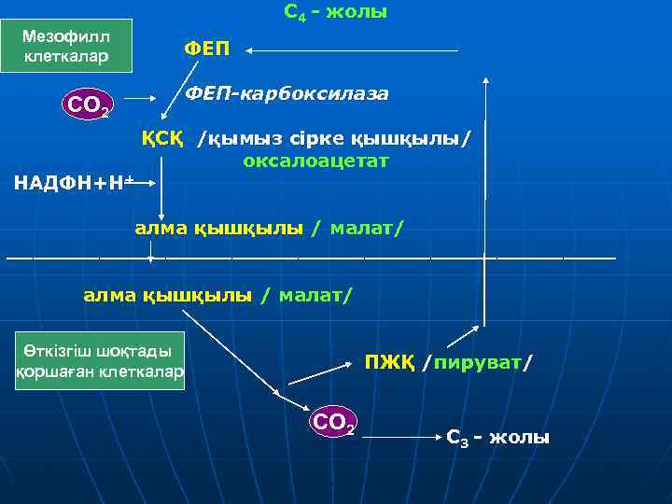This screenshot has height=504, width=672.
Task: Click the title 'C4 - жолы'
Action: point(334,13)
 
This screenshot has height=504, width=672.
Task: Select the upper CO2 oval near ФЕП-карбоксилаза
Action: point(87,105)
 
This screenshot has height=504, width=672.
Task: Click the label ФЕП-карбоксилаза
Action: point(287,94)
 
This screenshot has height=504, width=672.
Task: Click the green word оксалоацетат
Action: point(315,161)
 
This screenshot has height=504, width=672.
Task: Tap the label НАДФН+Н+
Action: point(75,182)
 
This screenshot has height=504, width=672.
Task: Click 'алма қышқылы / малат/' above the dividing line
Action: point(269,227)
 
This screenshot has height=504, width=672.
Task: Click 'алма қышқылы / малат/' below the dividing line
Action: point(218,295)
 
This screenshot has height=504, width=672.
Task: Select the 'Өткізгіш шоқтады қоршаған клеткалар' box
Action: point(101,360)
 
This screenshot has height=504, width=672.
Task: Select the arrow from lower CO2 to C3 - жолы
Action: point(401,435)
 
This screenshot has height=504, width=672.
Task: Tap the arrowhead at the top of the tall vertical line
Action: point(486,83)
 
